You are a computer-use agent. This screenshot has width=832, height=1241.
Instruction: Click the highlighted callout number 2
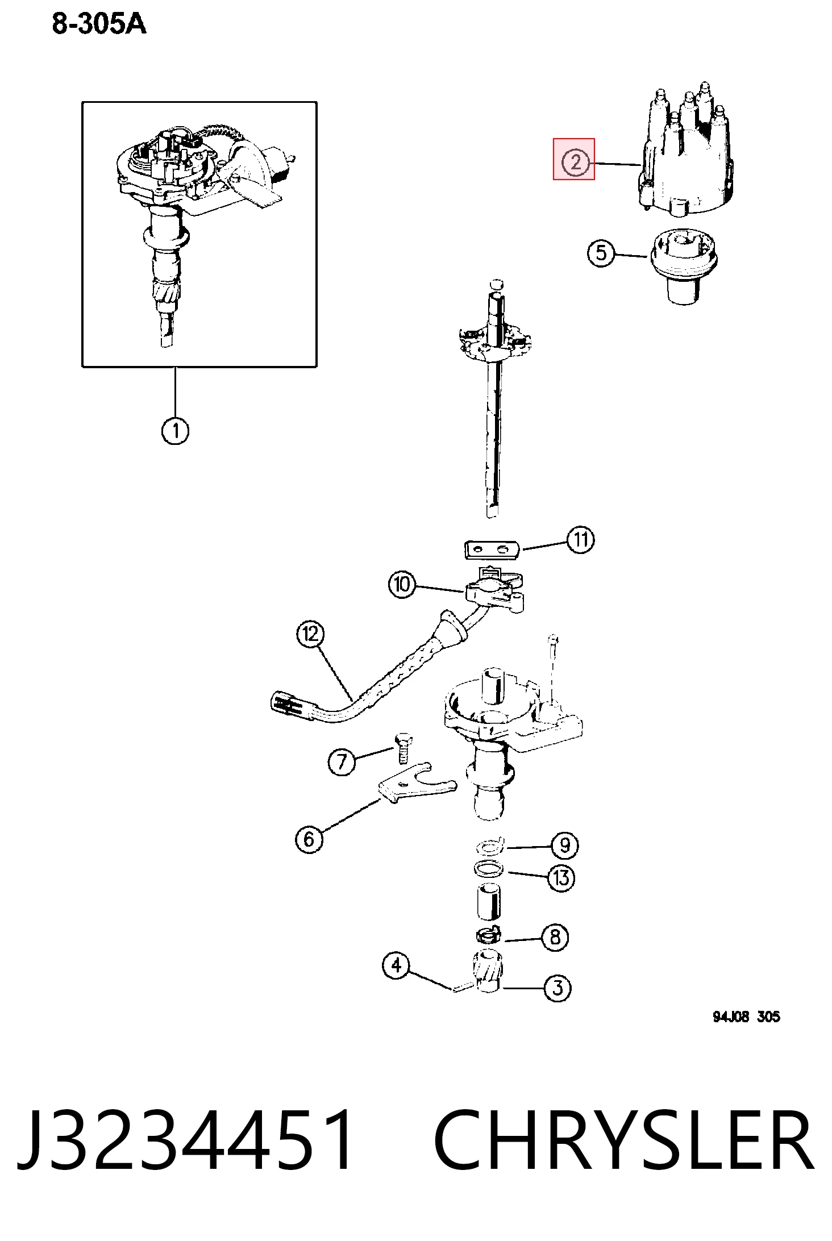tap(575, 162)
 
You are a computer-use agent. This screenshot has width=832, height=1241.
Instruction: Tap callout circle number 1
tap(175, 431)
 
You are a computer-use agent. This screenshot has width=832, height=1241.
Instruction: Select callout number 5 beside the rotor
tap(601, 253)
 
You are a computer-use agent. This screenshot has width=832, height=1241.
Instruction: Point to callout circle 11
tap(580, 539)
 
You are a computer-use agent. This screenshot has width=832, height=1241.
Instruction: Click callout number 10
tap(402, 584)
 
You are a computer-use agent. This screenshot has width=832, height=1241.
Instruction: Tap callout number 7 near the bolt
tap(342, 762)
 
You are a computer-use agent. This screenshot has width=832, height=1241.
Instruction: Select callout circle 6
tap(309, 839)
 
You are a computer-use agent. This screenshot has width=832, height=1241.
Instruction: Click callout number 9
tap(564, 846)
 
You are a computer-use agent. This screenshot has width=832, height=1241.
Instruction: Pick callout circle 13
tap(561, 878)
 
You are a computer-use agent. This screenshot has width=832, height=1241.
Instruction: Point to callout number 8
tap(555, 937)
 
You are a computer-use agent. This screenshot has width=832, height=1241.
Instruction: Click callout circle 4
tap(396, 965)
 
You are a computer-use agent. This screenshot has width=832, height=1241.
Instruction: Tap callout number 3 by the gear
tap(558, 988)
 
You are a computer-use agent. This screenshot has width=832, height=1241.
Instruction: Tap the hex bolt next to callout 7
tap(402, 748)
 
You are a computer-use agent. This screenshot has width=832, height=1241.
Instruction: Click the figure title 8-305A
tap(99, 24)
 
